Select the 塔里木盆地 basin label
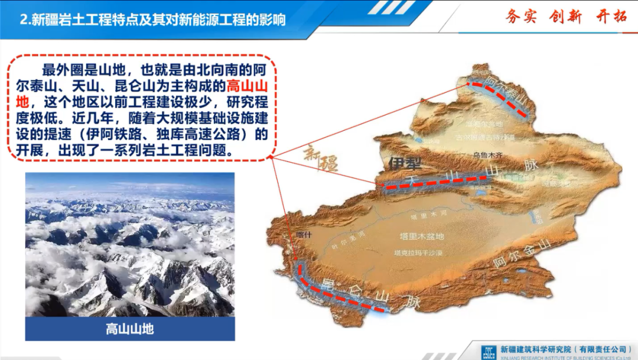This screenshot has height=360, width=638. (x=421, y=236)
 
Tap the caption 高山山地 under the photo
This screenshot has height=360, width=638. (x=130, y=328)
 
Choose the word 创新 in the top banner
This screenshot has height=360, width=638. (x=567, y=16)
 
